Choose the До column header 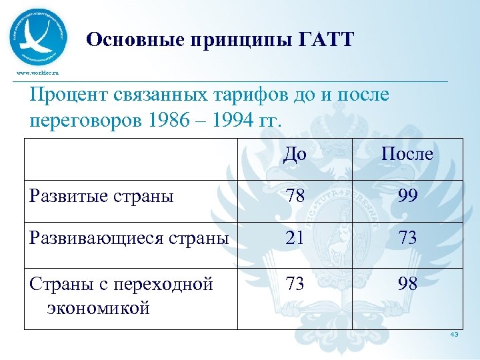pyautogui.click(x=294, y=155)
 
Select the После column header pyautogui.click(x=407, y=155)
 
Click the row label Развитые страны pyautogui.click(x=101, y=196)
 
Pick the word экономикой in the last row pyautogui.click(x=98, y=308)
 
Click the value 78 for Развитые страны pyautogui.click(x=294, y=196)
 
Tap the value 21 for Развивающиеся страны pyautogui.click(x=294, y=238)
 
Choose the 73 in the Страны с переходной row pyautogui.click(x=294, y=283)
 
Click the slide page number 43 pyautogui.click(x=454, y=335)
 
